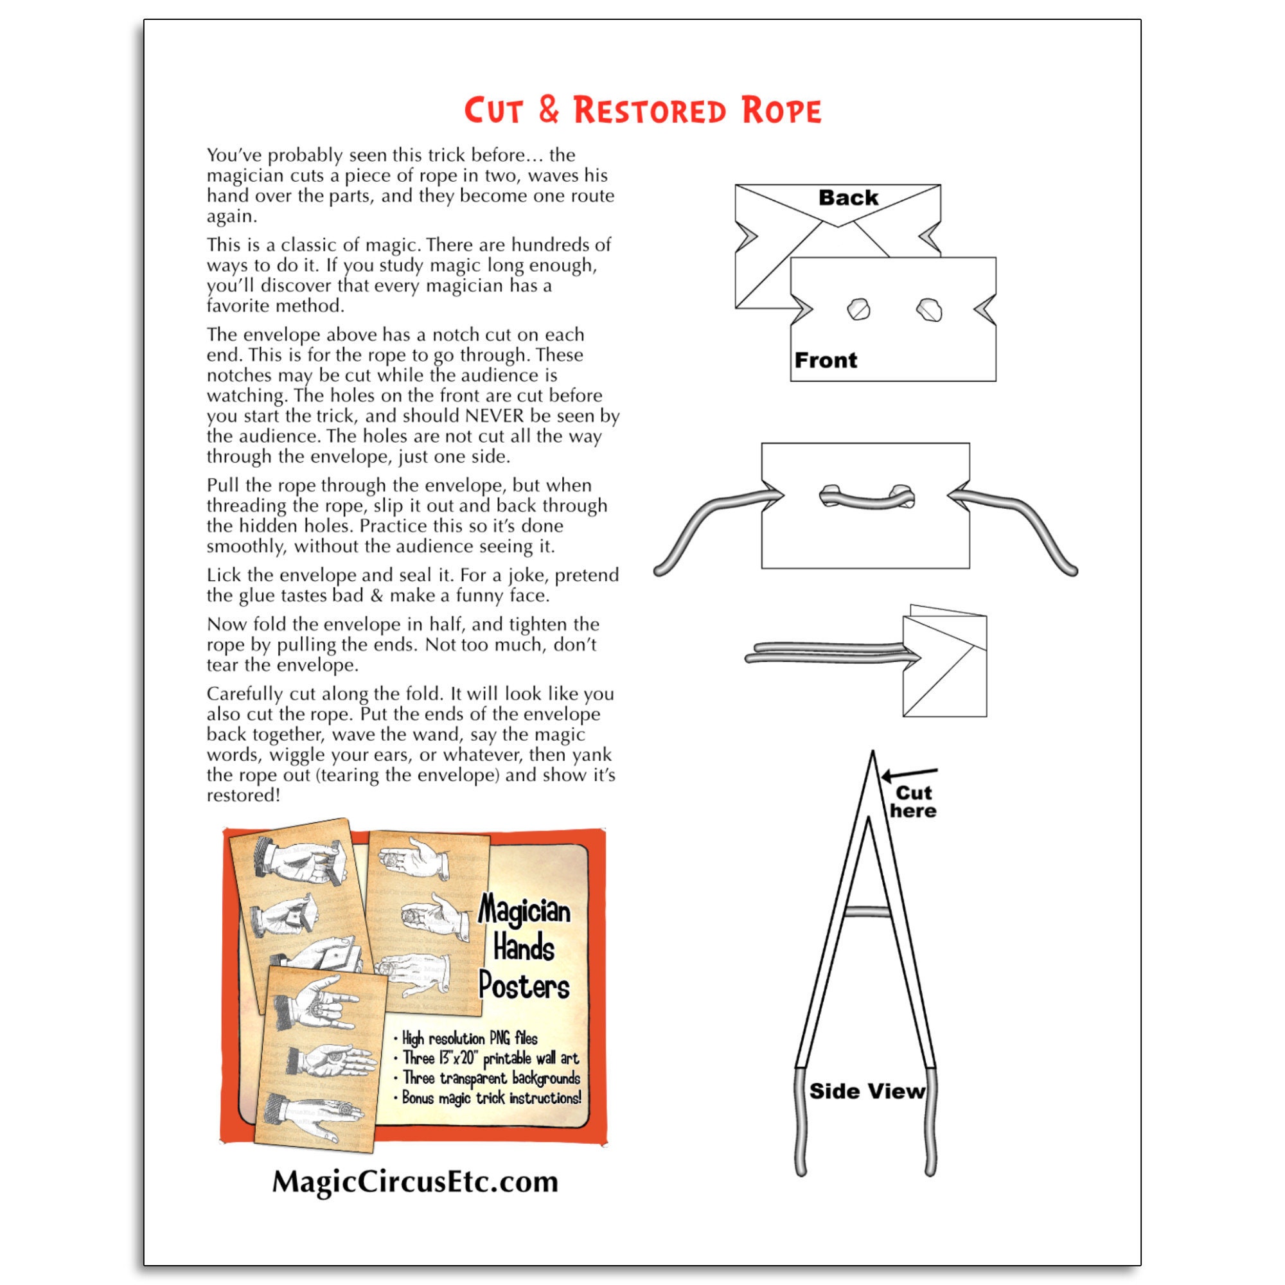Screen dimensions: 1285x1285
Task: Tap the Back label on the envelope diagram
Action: tap(848, 197)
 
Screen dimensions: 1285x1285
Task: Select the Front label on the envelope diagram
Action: tap(826, 360)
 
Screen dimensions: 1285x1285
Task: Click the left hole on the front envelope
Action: tap(858, 309)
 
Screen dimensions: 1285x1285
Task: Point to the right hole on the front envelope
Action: tap(928, 309)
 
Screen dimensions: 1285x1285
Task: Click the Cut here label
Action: tap(913, 801)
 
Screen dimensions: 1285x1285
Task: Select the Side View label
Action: tap(867, 1092)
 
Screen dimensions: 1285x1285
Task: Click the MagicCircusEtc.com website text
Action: tap(415, 1182)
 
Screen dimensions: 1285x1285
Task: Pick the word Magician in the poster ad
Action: tap(524, 909)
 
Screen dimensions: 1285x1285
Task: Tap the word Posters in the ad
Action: tap(524, 986)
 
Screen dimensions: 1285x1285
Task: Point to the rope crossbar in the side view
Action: tap(867, 911)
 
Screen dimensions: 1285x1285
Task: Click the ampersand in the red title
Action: tap(549, 110)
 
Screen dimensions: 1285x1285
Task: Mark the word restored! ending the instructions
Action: tap(244, 795)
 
